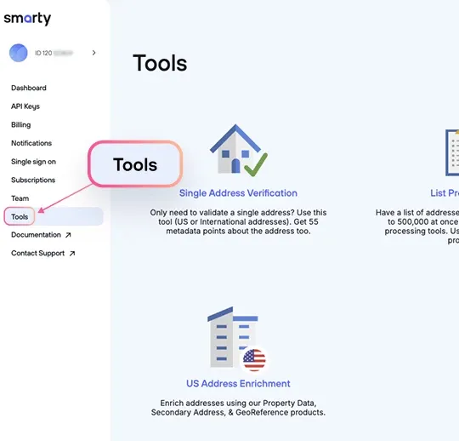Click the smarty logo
(x=27, y=19)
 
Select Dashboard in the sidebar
(x=29, y=88)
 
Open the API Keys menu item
(x=25, y=106)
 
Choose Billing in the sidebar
(x=21, y=125)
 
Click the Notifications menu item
(x=31, y=143)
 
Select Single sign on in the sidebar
(x=34, y=162)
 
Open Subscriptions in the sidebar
(x=33, y=180)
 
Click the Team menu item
(x=20, y=198)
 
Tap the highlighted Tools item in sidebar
(x=20, y=217)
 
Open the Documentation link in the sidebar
(x=37, y=235)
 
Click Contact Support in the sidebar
(x=38, y=254)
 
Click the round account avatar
(x=18, y=53)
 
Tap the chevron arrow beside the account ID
(x=93, y=53)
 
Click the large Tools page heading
(x=160, y=64)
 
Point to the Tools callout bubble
(x=136, y=164)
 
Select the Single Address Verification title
(x=238, y=193)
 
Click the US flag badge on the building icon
(x=254, y=359)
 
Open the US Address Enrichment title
(x=238, y=383)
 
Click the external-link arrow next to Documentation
(x=68, y=235)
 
